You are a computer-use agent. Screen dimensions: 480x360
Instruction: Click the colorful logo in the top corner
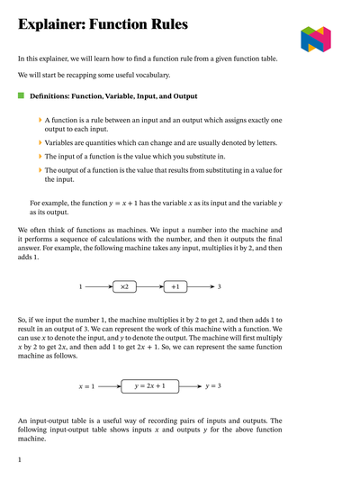[316, 38]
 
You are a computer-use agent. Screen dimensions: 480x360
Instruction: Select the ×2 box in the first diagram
[125, 286]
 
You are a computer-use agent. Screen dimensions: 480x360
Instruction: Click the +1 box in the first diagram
[175, 286]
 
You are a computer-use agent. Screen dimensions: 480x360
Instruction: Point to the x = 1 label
[87, 386]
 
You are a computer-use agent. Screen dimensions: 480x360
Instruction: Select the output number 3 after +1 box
[219, 286]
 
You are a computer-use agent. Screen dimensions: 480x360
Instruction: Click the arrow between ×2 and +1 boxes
[150, 286]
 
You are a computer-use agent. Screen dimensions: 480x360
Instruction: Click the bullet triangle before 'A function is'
[40, 120]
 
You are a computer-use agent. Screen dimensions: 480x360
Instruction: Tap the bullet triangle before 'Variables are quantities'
[40, 143]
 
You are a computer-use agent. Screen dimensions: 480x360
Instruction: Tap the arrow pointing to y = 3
[190, 385]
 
